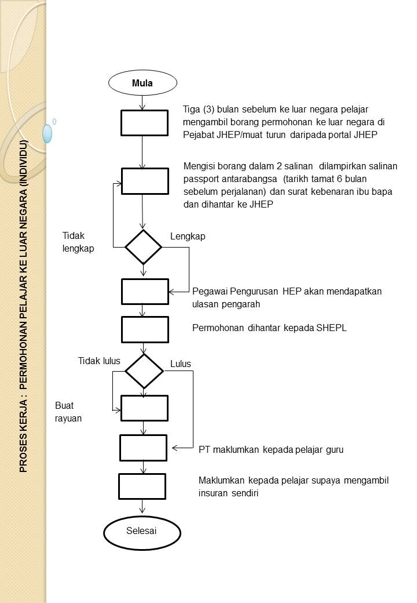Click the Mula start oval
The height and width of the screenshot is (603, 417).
pos(142,83)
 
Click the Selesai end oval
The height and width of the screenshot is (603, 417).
pos(141,531)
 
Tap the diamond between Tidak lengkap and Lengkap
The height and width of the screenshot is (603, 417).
pos(144,247)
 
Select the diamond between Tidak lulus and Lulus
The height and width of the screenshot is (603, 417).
pos(144,371)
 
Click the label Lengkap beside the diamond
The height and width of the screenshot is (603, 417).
pos(188,237)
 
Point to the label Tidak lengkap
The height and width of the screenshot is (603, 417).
pos(78,242)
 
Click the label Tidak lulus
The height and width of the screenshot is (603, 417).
pos(99,361)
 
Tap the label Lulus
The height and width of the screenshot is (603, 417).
pos(180,364)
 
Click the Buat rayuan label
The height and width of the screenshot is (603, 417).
pos(68,411)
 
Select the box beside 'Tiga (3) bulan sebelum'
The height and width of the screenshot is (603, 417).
pos(144,123)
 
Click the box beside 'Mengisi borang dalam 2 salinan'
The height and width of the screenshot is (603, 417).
pos(145,181)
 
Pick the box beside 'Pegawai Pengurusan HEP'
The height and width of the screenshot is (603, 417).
pos(145,291)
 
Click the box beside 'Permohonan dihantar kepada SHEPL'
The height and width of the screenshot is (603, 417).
pos(145,329)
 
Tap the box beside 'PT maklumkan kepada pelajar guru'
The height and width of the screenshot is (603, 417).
pos(143,447)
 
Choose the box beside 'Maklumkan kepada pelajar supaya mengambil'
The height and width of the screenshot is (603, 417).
pos(142,486)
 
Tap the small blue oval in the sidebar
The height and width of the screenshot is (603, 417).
pos(47,133)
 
